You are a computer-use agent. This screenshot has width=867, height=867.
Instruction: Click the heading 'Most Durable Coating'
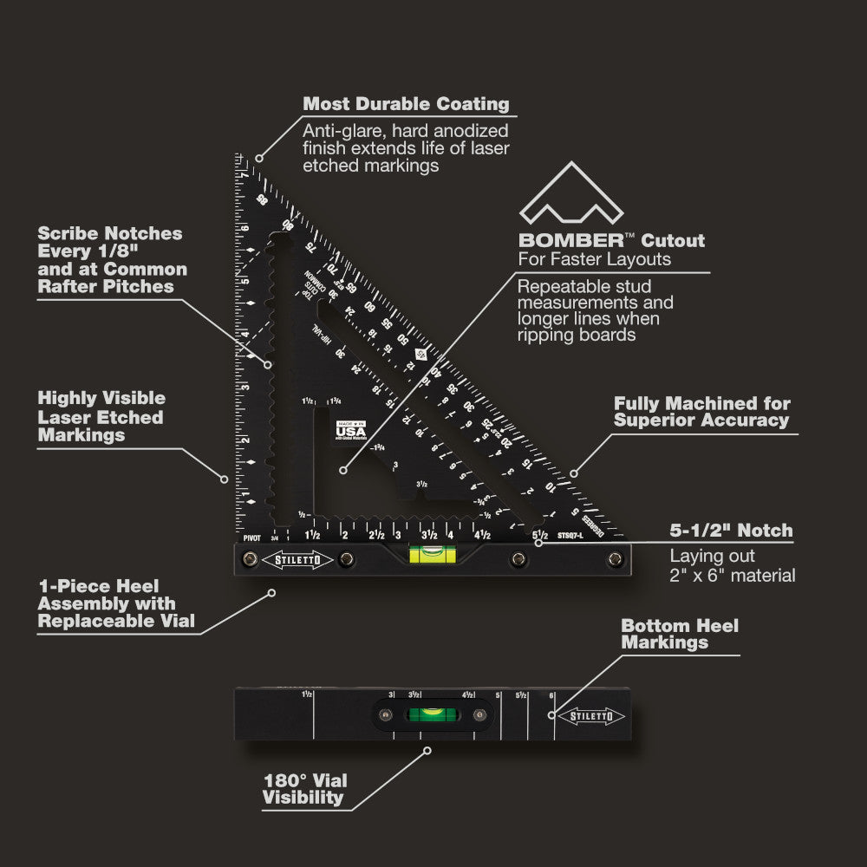pyautogui.click(x=406, y=104)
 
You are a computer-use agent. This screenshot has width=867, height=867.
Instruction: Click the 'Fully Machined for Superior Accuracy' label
pyautogui.click(x=701, y=412)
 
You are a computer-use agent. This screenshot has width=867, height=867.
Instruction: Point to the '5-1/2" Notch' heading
pyautogui.click(x=731, y=531)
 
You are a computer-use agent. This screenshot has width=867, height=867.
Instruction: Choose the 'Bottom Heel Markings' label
pyautogui.click(x=680, y=634)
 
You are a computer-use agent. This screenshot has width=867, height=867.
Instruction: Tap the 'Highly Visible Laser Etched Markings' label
pyautogui.click(x=101, y=416)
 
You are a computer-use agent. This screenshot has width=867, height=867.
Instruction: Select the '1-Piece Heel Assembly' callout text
pyautogui.click(x=107, y=604)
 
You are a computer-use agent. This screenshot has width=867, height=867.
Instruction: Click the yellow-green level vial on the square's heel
pyautogui.click(x=427, y=554)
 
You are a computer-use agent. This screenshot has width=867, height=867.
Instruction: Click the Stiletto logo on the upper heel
pyautogui.click(x=297, y=558)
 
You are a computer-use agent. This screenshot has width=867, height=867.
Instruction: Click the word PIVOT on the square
pyautogui.click(x=252, y=538)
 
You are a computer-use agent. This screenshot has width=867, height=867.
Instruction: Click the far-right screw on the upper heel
pyautogui.click(x=615, y=558)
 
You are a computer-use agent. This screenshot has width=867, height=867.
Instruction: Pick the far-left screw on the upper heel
pyautogui.click(x=251, y=558)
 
